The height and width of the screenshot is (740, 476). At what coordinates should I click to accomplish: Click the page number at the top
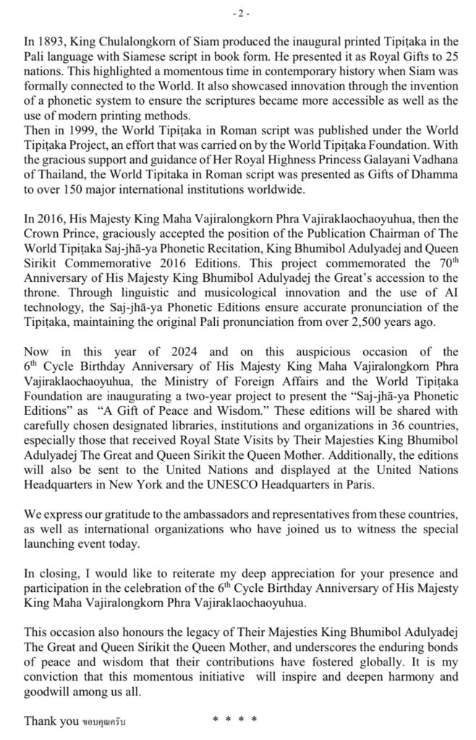pos(238,12)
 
